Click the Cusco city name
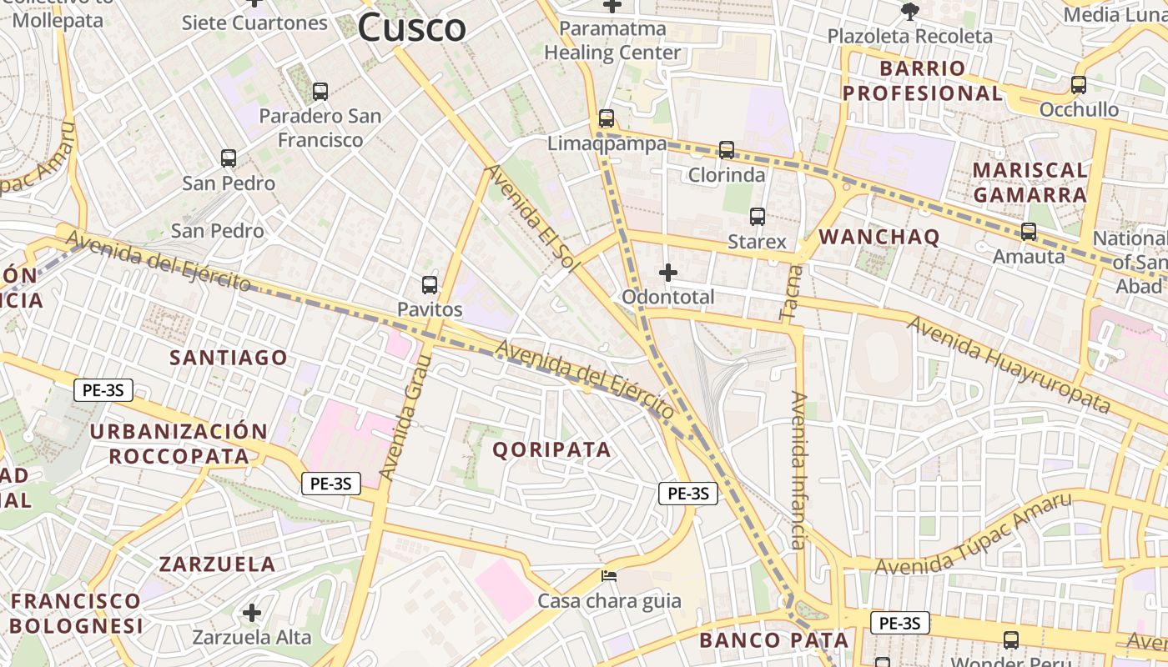411,27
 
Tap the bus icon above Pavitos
430,285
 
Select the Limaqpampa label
607,143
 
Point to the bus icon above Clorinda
727,150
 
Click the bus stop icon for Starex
758,217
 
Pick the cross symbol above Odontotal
668,273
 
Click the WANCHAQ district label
879,237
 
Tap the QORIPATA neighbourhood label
552,450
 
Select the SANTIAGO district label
229,358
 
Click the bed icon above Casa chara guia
610,576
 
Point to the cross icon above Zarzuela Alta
252,614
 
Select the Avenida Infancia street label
798,470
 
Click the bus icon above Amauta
1029,232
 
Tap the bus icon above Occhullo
1079,85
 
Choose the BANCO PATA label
773,640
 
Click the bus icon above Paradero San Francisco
320,92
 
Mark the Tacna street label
789,293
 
